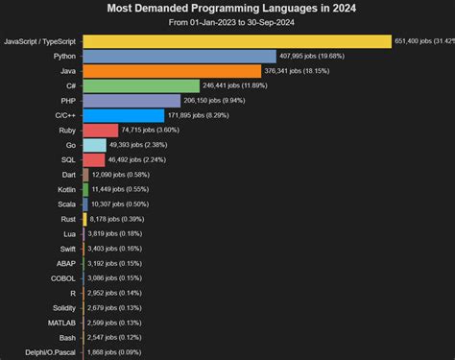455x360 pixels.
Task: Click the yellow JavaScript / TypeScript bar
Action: [x=237, y=41]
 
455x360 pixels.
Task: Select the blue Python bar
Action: [x=180, y=57]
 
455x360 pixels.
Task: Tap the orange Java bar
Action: [x=172, y=71]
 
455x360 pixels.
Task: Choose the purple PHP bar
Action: [x=132, y=101]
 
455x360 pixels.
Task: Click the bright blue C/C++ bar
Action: [x=123, y=115]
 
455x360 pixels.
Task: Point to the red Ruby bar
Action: [x=101, y=130]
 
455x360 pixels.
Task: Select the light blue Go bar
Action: [x=94, y=145]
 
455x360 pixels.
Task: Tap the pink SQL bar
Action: [x=94, y=159]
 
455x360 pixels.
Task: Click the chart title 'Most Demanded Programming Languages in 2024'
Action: [x=227, y=8]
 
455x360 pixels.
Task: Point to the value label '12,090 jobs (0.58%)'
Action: [x=122, y=175]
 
